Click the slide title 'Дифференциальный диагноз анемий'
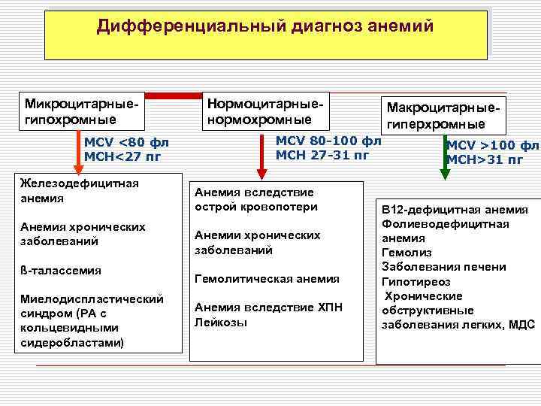coord(265,26)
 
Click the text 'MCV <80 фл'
coord(127,143)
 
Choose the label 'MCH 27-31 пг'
coord(323,155)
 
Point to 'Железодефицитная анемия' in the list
coord(80,191)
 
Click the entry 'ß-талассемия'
coord(61,270)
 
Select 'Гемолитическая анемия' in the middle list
coord(267,278)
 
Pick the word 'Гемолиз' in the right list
coord(403,253)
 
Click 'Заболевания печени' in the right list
coord(444,267)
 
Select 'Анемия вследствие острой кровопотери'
coord(255,199)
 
